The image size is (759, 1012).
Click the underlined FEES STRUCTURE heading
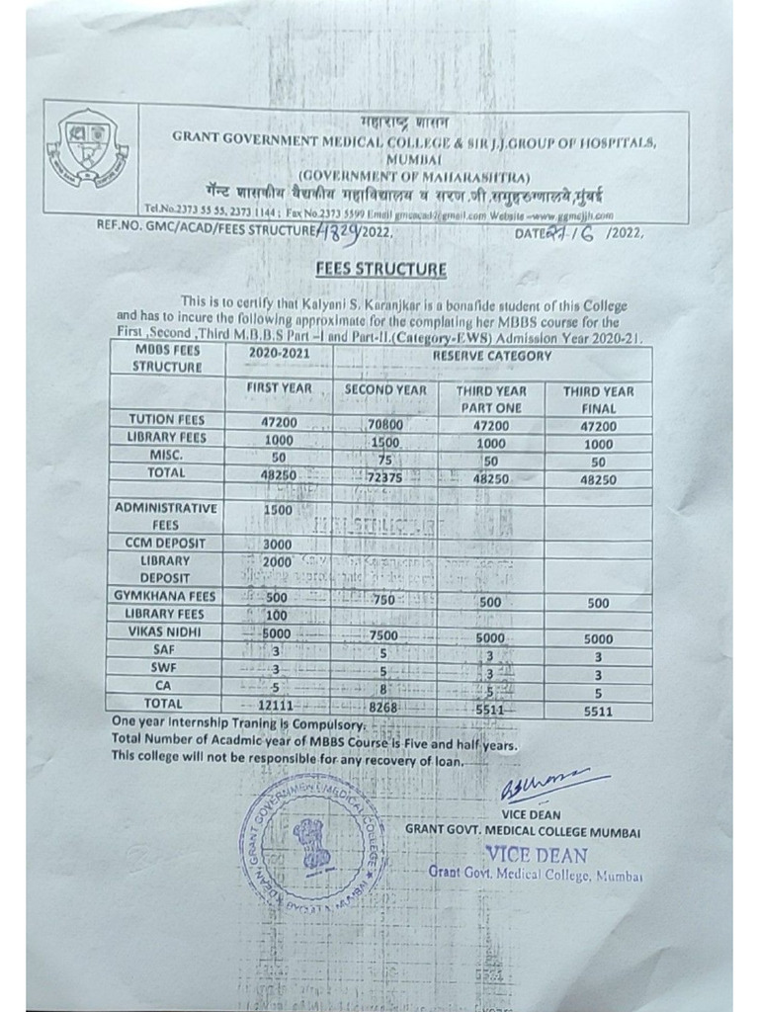point(379,269)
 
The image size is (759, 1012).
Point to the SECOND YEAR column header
point(385,390)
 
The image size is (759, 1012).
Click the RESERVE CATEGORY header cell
point(490,356)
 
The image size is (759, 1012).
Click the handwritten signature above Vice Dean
point(542,786)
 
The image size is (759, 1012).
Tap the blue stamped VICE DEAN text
point(536,855)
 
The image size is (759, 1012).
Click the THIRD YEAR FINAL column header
point(598,399)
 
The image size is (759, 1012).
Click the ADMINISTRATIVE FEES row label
point(165,516)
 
